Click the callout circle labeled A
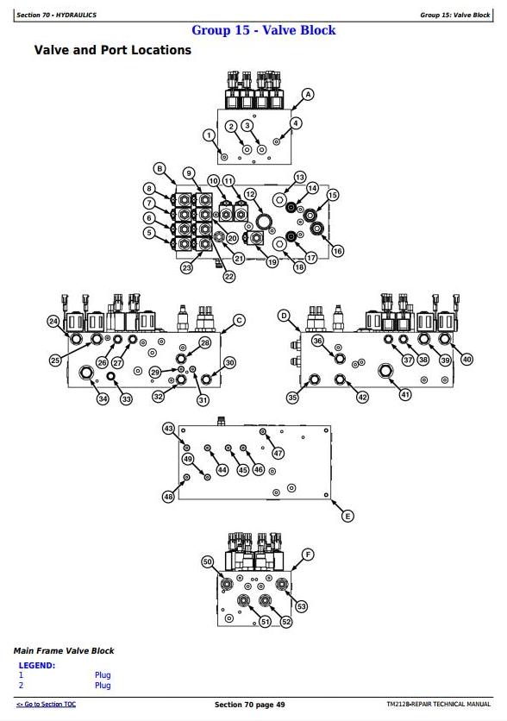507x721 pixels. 308,94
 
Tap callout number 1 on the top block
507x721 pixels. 210,135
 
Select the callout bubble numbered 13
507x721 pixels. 300,178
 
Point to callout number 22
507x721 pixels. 228,276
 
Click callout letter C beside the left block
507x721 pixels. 239,321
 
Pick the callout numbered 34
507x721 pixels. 103,398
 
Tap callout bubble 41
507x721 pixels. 405,394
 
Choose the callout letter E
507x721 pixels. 347,516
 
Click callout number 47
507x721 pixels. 279,453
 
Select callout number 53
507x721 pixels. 301,606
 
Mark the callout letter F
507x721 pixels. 308,555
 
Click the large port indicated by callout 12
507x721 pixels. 264,221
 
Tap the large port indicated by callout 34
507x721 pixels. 86,373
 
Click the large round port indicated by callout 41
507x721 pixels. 385,371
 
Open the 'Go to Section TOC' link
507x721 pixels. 46,704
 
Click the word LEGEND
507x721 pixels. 37,665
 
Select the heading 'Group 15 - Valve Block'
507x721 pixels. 263,30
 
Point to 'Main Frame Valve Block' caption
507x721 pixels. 64,650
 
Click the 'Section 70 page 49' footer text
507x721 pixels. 249,705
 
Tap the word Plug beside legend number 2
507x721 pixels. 103,685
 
